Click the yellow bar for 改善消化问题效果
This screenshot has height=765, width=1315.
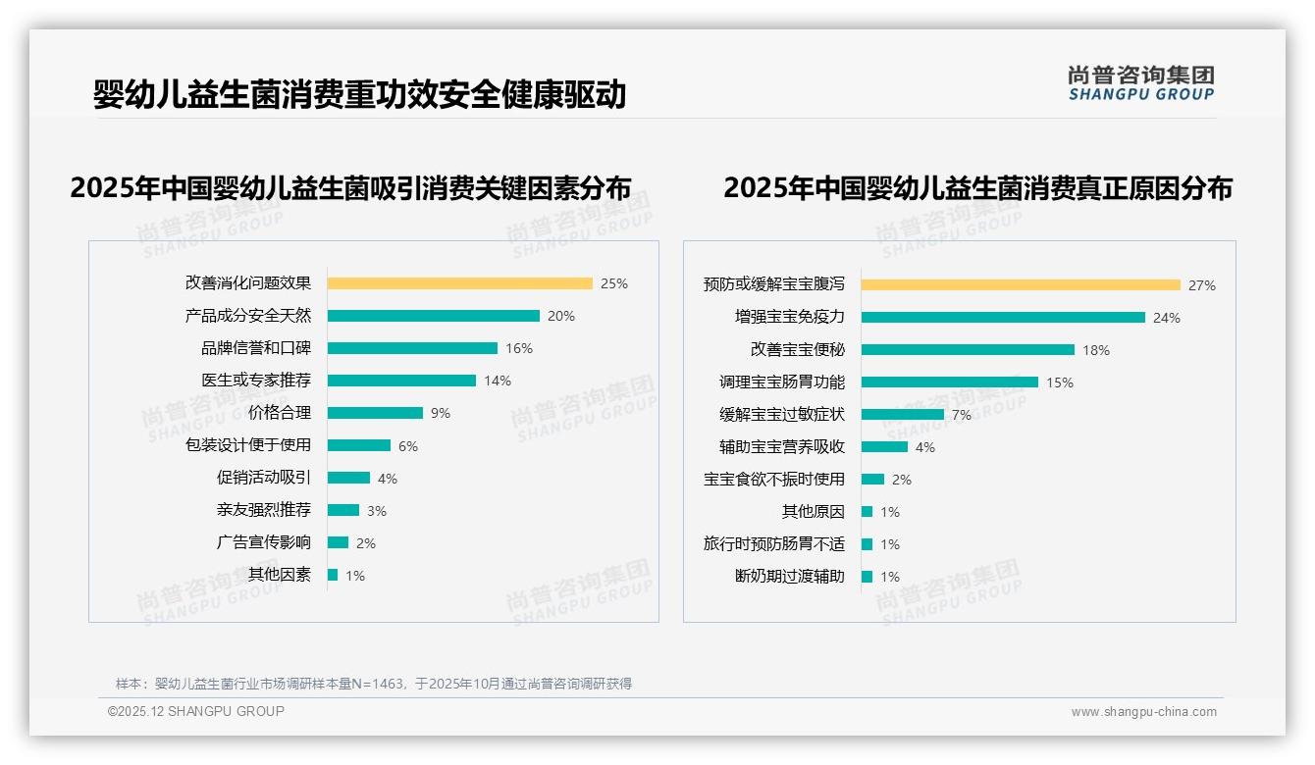tap(459, 283)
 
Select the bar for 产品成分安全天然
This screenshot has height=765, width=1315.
tap(433, 316)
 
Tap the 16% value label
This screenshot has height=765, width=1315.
tap(518, 348)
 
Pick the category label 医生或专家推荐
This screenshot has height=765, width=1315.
tap(256, 381)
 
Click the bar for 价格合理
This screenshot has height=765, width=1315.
tap(375, 413)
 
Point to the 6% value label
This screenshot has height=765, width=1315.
tap(408, 446)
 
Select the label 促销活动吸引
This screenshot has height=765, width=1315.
tap(264, 478)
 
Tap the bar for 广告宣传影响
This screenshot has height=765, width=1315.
tap(338, 542)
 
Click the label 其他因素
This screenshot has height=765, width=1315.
tap(280, 575)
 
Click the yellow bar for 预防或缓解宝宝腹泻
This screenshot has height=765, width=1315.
tap(1021, 285)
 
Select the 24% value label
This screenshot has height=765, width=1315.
tap(1167, 318)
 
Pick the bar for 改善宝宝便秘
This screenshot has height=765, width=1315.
tap(968, 349)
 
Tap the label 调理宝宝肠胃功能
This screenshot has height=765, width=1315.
tap(782, 382)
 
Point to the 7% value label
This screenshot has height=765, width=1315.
tap(962, 415)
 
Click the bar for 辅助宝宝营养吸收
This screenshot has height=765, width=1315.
tap(884, 447)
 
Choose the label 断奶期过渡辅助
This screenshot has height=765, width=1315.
tap(790, 576)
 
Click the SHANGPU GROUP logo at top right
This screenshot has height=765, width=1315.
tap(1141, 83)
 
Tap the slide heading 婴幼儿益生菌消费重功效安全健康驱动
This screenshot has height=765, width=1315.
tap(359, 95)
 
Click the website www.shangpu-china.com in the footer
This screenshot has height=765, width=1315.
tap(1143, 712)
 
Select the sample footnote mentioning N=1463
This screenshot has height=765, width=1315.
tap(374, 684)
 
